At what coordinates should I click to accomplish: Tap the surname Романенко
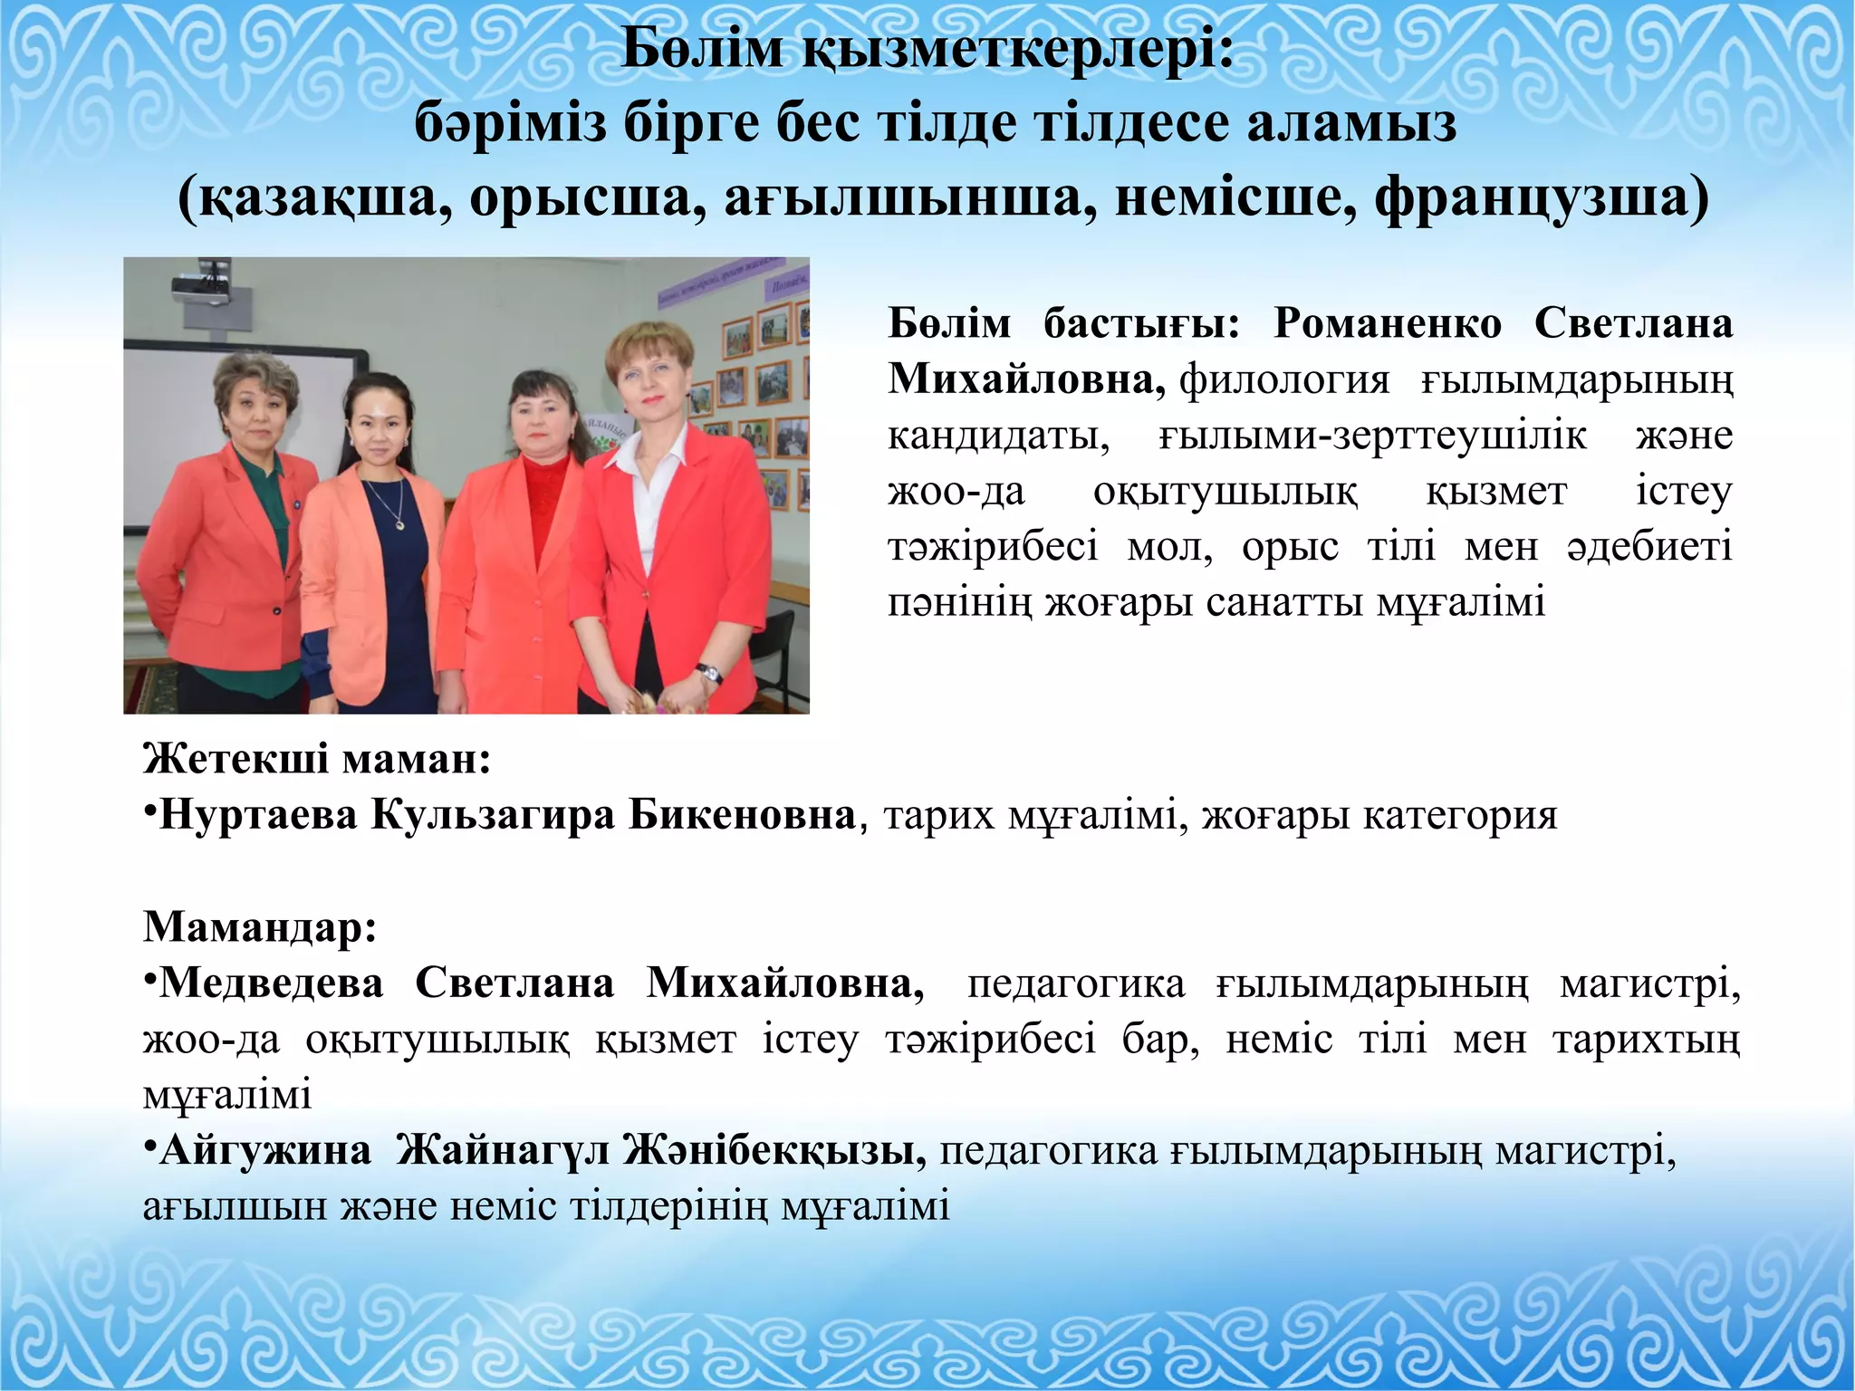1388,323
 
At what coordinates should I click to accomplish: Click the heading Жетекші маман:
317,758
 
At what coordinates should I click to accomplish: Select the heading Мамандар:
260,926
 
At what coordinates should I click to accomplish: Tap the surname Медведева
271,983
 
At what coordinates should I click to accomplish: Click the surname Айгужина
265,1150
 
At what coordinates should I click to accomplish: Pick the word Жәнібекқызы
774,1150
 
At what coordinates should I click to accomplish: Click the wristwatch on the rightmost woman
709,673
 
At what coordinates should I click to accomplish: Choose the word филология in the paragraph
1284,379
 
